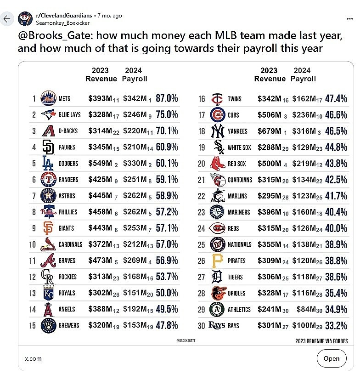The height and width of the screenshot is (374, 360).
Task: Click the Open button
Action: (x=332, y=358)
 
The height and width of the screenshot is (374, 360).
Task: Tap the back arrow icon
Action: (x=7, y=19)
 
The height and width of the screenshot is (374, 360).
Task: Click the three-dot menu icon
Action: (x=350, y=19)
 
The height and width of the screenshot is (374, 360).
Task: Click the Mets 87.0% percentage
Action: (x=167, y=98)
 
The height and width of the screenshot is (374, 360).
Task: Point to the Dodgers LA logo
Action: (x=48, y=163)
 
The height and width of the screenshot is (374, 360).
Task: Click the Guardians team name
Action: (x=240, y=180)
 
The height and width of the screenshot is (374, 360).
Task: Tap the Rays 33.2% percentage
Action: (x=336, y=326)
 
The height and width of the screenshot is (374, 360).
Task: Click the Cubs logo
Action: (x=218, y=115)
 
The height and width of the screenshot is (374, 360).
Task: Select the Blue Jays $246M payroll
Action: (x=135, y=115)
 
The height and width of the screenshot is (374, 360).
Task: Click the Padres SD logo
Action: (x=48, y=147)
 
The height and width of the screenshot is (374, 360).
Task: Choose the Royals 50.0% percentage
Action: (x=167, y=293)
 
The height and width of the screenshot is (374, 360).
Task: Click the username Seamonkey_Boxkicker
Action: (x=63, y=23)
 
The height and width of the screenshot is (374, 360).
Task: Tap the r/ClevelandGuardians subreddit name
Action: (x=64, y=16)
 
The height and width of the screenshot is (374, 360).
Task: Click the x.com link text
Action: (x=33, y=358)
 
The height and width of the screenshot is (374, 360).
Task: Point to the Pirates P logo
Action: (x=218, y=261)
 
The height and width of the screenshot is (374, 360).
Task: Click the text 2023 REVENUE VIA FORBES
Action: (x=321, y=341)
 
